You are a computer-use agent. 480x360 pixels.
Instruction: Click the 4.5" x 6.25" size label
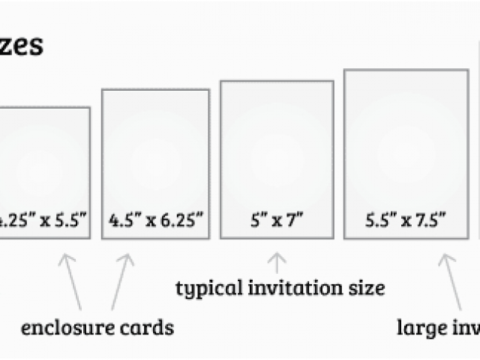coord(156,221)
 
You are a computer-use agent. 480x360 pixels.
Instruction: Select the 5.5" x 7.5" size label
coord(406,221)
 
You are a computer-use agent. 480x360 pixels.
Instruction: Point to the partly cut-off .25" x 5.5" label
coord(43,221)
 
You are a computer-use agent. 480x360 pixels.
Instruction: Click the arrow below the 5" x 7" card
coord(277,262)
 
